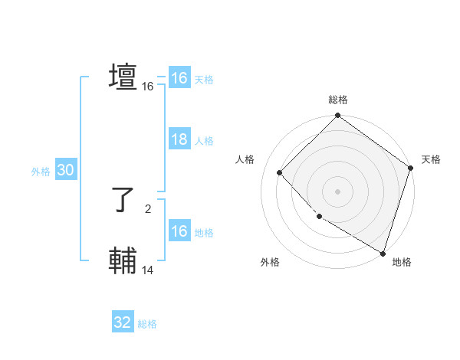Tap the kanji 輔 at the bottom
pos(123,261)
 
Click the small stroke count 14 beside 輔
pos(148,270)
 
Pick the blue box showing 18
pos(179,139)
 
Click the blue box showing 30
pos(65,170)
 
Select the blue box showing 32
pos(123,322)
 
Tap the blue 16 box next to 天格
pos(179,78)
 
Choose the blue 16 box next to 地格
pos(179,231)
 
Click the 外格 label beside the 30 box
pos(41,172)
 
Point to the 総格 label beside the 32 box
pos(147,324)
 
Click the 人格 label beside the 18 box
pos(204,141)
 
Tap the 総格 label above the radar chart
pos(338,100)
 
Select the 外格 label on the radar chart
pos(269,262)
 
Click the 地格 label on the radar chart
pos(402,262)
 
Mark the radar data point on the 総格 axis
pos(338,116)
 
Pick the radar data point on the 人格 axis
pos(280,172)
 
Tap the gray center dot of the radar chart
pos(338,191)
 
